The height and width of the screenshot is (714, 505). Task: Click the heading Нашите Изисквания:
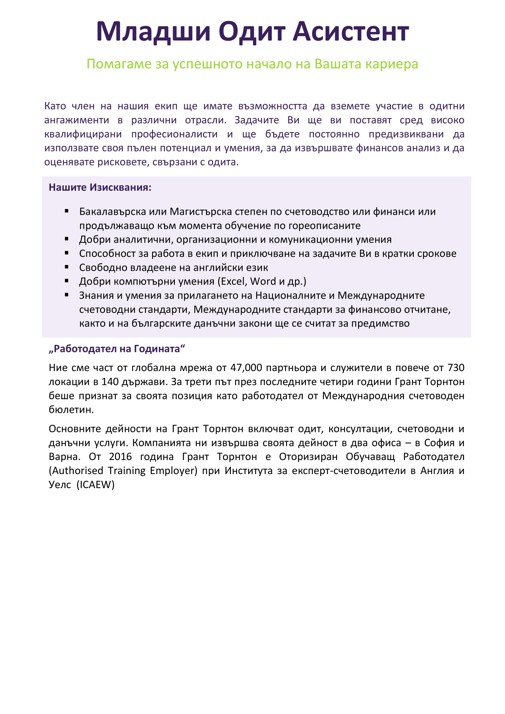(x=100, y=187)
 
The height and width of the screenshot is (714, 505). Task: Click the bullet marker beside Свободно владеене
(x=67, y=267)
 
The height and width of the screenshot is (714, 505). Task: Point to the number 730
(x=456, y=368)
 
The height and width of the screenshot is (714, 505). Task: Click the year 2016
(x=120, y=457)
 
